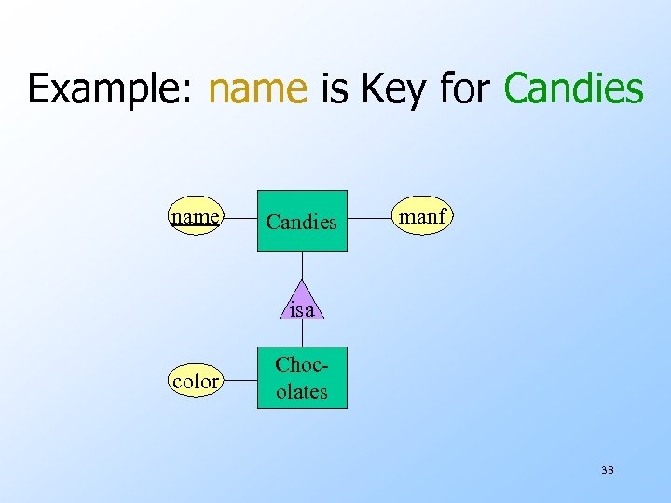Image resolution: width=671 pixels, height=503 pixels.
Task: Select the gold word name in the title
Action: (258, 88)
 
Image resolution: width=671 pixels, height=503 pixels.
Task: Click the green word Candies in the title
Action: (573, 88)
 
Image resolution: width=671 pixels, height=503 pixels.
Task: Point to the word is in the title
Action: (334, 88)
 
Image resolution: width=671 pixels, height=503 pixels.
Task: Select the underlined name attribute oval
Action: (196, 218)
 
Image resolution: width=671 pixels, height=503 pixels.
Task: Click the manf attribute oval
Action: (423, 218)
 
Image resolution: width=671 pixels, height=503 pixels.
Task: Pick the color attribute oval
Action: (196, 380)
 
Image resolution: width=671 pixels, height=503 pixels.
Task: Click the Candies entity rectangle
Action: (302, 222)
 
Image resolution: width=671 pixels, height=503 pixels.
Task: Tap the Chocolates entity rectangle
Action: (302, 378)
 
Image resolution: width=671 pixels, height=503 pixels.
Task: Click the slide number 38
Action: (607, 470)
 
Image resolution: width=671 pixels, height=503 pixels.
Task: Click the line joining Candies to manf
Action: (370, 220)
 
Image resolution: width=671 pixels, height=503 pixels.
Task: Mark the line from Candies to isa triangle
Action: (302, 266)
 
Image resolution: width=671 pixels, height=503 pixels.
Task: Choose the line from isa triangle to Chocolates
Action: (302, 333)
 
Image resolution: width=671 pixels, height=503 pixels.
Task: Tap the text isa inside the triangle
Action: (302, 310)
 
